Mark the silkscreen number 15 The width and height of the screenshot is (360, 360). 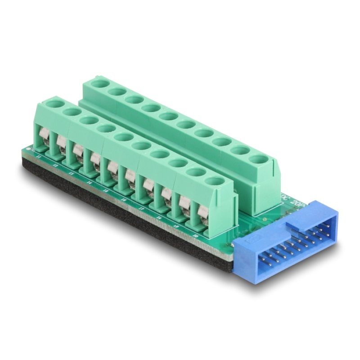[104, 189]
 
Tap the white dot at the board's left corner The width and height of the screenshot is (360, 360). [30, 148]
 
